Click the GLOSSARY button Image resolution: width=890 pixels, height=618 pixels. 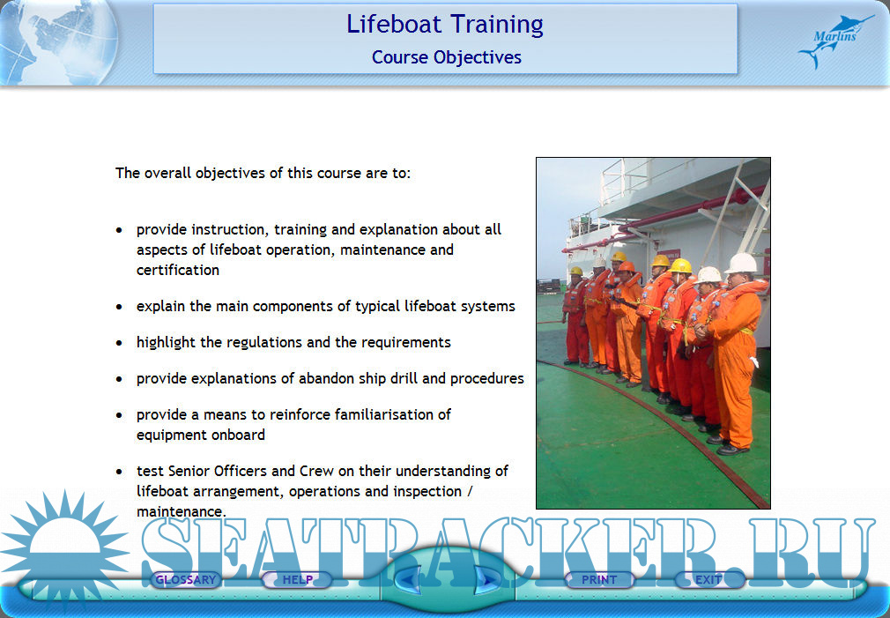click(186, 580)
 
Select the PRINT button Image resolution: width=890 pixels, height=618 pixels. click(599, 580)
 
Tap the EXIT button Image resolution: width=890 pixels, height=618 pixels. click(709, 580)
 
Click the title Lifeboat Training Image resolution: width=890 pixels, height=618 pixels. click(445, 25)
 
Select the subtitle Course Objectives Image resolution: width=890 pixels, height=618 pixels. click(447, 57)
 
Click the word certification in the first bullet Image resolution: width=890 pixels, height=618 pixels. click(178, 270)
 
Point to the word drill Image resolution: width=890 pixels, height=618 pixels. click(404, 378)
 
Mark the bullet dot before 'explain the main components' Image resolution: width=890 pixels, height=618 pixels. click(119, 307)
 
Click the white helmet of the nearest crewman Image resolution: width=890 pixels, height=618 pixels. click(741, 263)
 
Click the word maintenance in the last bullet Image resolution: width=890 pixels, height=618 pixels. click(181, 512)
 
